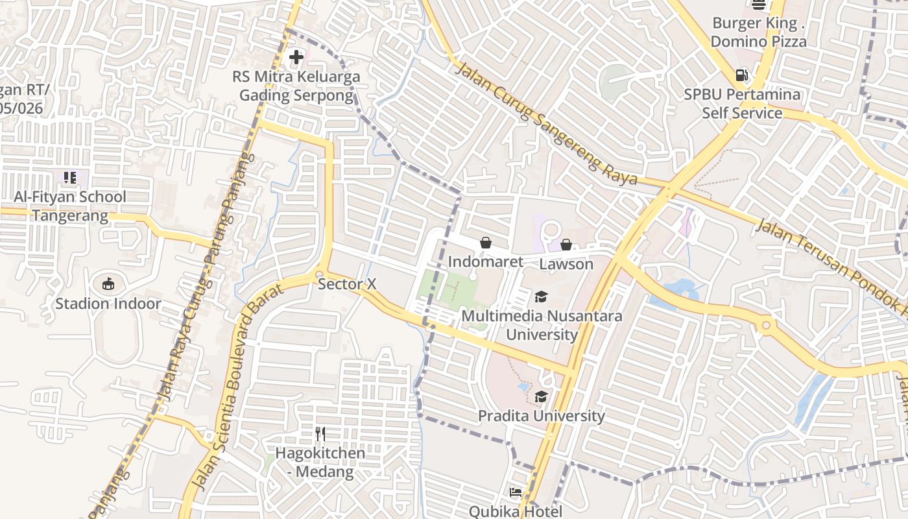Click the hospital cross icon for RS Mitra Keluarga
(296, 57)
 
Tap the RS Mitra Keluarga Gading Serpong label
(296, 86)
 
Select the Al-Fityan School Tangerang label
(70, 206)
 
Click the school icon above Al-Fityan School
(70, 177)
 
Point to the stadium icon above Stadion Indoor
(108, 284)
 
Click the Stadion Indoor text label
(108, 304)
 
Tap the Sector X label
(347, 284)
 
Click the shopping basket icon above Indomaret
(485, 243)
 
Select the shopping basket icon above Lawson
(566, 245)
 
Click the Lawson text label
(566, 264)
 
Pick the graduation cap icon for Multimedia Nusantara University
(541, 297)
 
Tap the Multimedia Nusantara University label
(542, 326)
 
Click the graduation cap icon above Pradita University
(541, 396)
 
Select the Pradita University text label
(542, 416)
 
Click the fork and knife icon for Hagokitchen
(320, 433)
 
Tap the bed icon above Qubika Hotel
(516, 492)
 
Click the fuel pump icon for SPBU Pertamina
(742, 75)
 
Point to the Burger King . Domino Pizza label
(759, 32)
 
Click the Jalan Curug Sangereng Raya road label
(546, 124)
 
